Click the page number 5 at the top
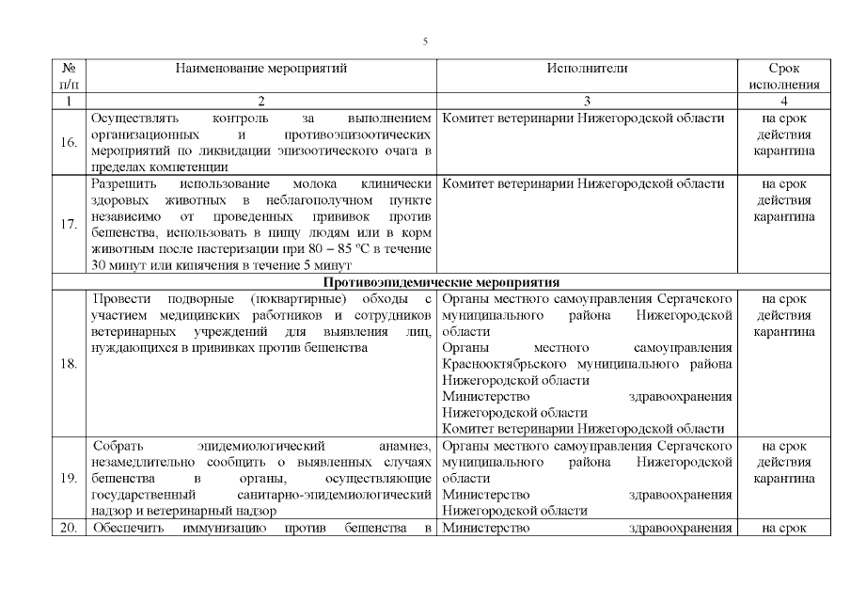tap(425, 41)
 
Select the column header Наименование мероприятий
tap(261, 69)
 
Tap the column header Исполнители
tap(587, 69)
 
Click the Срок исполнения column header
tap(784, 76)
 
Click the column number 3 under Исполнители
tap(587, 101)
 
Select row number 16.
tap(68, 143)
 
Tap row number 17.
tap(68, 225)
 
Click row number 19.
tap(68, 478)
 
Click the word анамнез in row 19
tap(404, 445)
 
